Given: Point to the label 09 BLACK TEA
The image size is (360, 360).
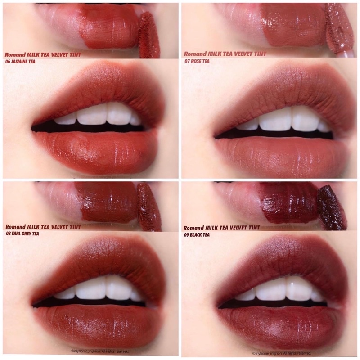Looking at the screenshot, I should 198,234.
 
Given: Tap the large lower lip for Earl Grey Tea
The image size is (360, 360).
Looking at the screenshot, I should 99,324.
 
